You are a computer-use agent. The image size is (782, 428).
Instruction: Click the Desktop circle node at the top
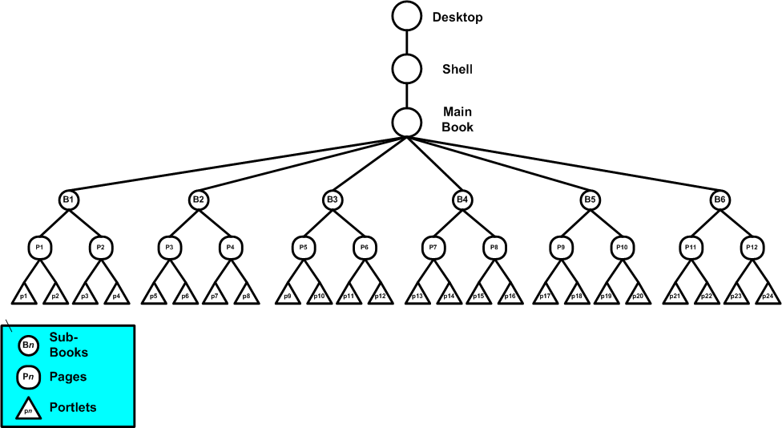(x=406, y=16)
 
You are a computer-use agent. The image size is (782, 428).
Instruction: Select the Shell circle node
(x=406, y=69)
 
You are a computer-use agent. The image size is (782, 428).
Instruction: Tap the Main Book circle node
(x=406, y=121)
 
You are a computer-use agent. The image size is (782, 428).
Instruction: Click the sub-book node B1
(x=69, y=199)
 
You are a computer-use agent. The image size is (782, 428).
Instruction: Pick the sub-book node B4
(x=462, y=199)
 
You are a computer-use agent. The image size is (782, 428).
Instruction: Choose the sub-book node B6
(x=721, y=199)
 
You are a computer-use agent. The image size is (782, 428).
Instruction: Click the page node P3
(x=169, y=247)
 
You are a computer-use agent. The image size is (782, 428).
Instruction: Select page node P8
(x=494, y=247)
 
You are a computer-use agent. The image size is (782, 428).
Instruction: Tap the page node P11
(x=691, y=247)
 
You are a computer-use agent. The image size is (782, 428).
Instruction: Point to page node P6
(x=364, y=247)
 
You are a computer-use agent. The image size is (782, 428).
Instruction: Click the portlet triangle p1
(x=24, y=296)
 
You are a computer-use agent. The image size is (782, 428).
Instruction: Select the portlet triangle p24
(x=768, y=296)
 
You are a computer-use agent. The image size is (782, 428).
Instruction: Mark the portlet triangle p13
(x=417, y=296)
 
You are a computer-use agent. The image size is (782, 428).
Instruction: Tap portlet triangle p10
(x=318, y=296)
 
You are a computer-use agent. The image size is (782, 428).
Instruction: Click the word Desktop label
(x=458, y=17)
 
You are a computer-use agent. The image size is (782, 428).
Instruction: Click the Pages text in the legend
(x=68, y=376)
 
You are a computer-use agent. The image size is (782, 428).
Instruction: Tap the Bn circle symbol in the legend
(x=28, y=345)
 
